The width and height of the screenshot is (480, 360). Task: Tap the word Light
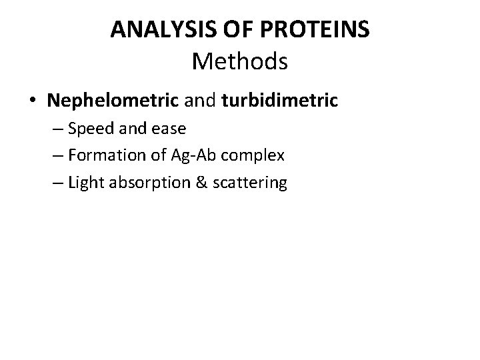point(86,182)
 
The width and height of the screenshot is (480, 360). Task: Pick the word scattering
point(249,183)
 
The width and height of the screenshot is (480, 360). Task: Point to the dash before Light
point(57,183)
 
